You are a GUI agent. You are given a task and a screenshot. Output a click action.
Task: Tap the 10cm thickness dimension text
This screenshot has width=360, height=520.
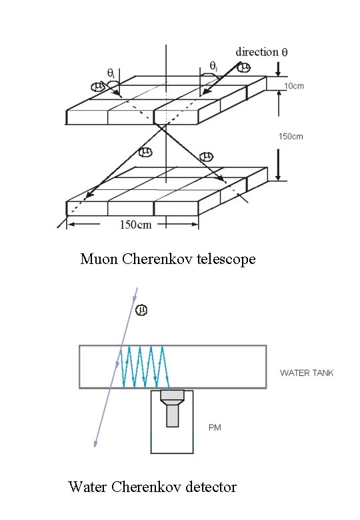pos(294,86)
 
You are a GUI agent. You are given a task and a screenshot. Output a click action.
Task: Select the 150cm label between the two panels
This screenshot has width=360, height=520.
pos(290,137)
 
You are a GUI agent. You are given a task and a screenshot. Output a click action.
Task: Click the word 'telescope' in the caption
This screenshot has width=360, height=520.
pos(224,259)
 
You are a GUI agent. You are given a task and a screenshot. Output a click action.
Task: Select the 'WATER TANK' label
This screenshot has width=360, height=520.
pos(307,373)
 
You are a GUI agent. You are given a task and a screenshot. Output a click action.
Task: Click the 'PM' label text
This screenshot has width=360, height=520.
pos(215,427)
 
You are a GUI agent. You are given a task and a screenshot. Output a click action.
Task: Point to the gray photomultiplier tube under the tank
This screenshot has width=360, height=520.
pos(172,408)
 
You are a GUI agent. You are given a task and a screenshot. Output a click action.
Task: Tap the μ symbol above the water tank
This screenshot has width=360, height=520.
pos(142,310)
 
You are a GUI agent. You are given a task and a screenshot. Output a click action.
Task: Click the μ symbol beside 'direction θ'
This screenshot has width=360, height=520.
pos(244,67)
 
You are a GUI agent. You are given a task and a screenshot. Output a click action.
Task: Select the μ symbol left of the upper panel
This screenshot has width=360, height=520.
pos(99,86)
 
